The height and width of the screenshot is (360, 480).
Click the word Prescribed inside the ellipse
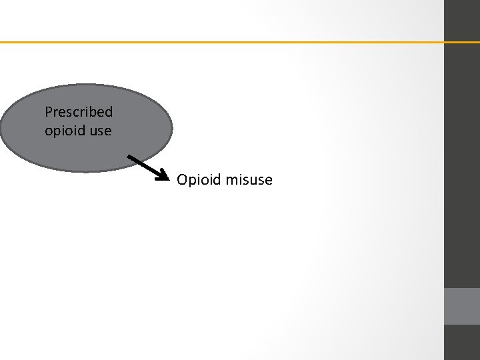(x=79, y=112)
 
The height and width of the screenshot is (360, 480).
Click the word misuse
(x=249, y=180)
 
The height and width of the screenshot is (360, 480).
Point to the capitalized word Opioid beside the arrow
(x=199, y=180)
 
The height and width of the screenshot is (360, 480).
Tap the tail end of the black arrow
(x=129, y=156)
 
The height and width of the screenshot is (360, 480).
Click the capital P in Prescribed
(x=48, y=112)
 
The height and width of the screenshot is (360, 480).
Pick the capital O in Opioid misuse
(x=182, y=180)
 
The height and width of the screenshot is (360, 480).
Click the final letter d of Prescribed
(x=109, y=112)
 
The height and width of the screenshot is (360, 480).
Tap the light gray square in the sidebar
(x=462, y=306)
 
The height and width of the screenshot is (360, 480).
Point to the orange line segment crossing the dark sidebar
(x=462, y=42)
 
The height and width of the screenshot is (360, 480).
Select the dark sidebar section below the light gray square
(x=462, y=343)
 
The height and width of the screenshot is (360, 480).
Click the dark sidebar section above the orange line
(x=462, y=20)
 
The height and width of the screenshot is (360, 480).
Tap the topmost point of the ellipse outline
(x=87, y=85)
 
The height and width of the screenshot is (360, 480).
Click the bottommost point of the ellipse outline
(x=87, y=172)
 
